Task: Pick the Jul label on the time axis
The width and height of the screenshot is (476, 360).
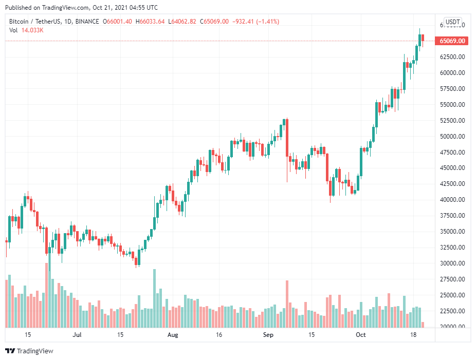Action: pyautogui.click(x=77, y=335)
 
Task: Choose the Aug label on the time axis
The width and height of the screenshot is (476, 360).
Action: pyautogui.click(x=173, y=335)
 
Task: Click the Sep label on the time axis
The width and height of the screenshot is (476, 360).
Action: pyautogui.click(x=268, y=335)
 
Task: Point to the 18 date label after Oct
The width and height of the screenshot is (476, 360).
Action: pyautogui.click(x=413, y=335)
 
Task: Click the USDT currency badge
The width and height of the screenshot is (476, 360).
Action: pyautogui.click(x=452, y=22)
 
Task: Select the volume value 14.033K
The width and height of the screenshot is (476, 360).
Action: pyautogui.click(x=32, y=30)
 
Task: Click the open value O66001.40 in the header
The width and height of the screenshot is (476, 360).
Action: pyautogui.click(x=117, y=22)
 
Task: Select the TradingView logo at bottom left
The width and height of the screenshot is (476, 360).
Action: pyautogui.click(x=29, y=351)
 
